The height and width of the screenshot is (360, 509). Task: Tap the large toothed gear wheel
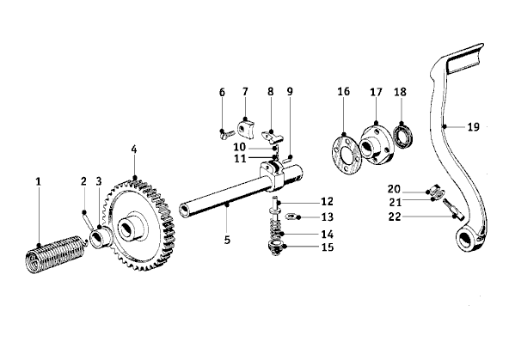coord(139,225)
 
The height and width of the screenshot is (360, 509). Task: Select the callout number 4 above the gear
coord(134,149)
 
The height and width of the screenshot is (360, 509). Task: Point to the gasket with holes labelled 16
coord(346,154)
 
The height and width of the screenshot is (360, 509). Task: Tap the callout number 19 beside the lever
coord(473,126)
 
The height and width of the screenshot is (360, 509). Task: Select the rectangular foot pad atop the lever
coord(465,61)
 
